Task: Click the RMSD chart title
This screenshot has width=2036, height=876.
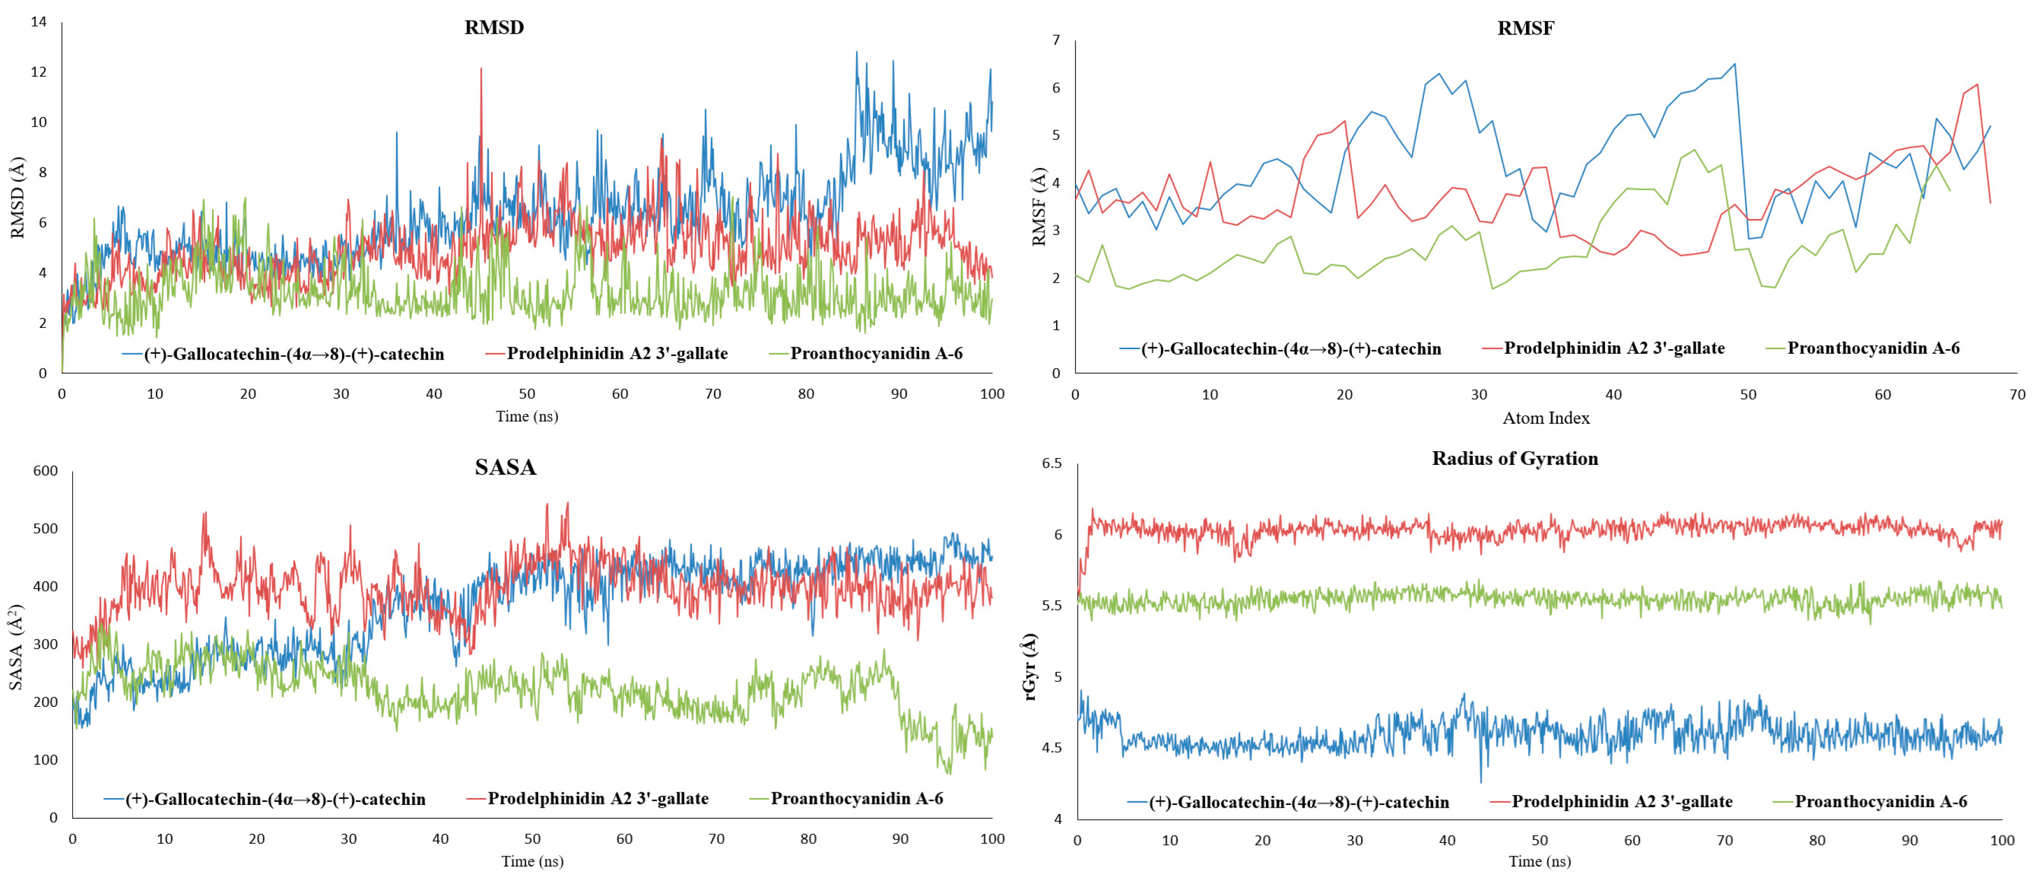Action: click(x=494, y=28)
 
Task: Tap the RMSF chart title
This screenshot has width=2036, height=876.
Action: click(x=1525, y=29)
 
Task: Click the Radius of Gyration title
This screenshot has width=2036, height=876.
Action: click(x=1515, y=459)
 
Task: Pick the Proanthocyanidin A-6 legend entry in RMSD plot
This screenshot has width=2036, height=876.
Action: click(x=876, y=353)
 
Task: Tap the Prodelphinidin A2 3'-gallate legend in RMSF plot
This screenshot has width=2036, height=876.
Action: click(x=1614, y=348)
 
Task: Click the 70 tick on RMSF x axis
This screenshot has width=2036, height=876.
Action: click(x=2018, y=394)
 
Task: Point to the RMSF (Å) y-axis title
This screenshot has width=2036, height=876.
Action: click(x=1039, y=206)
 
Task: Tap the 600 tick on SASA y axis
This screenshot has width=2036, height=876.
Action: click(x=45, y=471)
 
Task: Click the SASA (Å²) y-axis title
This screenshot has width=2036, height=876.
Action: click(x=16, y=647)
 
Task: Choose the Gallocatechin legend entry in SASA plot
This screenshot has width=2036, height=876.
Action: click(x=275, y=799)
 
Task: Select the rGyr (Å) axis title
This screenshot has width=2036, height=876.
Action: click(x=1030, y=667)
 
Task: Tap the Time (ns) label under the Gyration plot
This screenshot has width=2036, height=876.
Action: click(x=1539, y=861)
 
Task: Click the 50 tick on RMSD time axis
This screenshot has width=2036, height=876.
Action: click(x=527, y=394)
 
